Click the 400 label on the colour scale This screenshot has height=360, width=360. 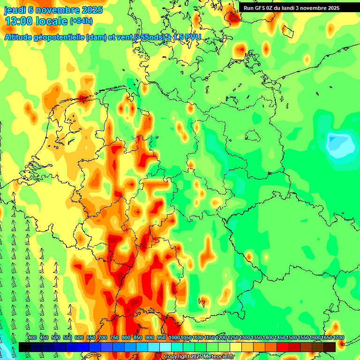(32, 338)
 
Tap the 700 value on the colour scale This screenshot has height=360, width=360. (103, 338)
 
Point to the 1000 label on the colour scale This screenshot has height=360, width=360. (174, 338)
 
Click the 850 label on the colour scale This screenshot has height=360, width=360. (138, 338)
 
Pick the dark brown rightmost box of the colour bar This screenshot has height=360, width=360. (330, 347)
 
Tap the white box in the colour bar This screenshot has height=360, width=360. (165, 347)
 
